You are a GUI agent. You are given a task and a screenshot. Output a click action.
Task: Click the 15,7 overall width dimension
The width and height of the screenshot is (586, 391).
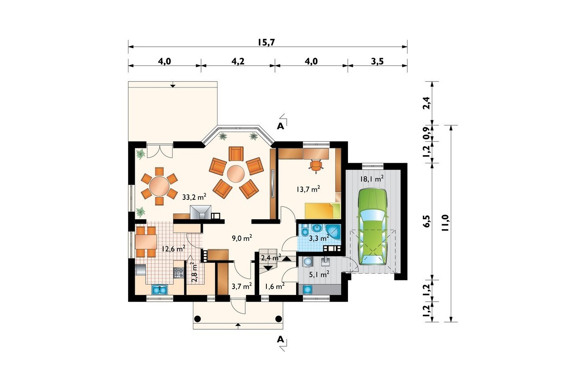pos(266,42)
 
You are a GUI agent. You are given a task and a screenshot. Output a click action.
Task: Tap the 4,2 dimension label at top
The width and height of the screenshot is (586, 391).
pos(238,61)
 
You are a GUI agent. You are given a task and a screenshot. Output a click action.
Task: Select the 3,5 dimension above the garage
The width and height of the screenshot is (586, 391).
pos(377,61)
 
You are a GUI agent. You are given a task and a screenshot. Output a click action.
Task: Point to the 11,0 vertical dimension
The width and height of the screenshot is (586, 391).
pos(445,223)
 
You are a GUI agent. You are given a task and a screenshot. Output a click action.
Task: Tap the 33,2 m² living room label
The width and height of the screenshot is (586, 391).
pos(194,197)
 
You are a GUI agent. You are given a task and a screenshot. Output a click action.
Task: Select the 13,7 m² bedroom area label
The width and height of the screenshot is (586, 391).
pos(308,189)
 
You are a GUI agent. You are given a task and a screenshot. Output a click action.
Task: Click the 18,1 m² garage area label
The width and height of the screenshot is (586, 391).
pos(372,179)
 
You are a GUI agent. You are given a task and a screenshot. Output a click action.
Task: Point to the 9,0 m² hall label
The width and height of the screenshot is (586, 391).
pos(242,238)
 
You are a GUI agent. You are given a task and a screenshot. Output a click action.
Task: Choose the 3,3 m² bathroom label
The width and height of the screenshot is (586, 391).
pos(319,239)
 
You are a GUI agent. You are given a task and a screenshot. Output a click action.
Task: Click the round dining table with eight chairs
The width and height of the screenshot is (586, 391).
pos(159,186)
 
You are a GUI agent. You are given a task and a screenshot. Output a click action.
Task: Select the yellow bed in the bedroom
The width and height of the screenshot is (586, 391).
pos(323,211)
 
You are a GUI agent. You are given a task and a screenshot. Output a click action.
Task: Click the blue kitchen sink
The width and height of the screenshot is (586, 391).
pos(160,290)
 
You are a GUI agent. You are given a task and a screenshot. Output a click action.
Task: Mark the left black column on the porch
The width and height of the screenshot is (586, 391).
pos(197,319)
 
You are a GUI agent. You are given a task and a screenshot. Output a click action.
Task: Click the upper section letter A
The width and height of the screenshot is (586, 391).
pos(280,126)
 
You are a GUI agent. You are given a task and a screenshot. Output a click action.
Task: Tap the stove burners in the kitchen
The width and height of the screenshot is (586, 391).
pos(179,273)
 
